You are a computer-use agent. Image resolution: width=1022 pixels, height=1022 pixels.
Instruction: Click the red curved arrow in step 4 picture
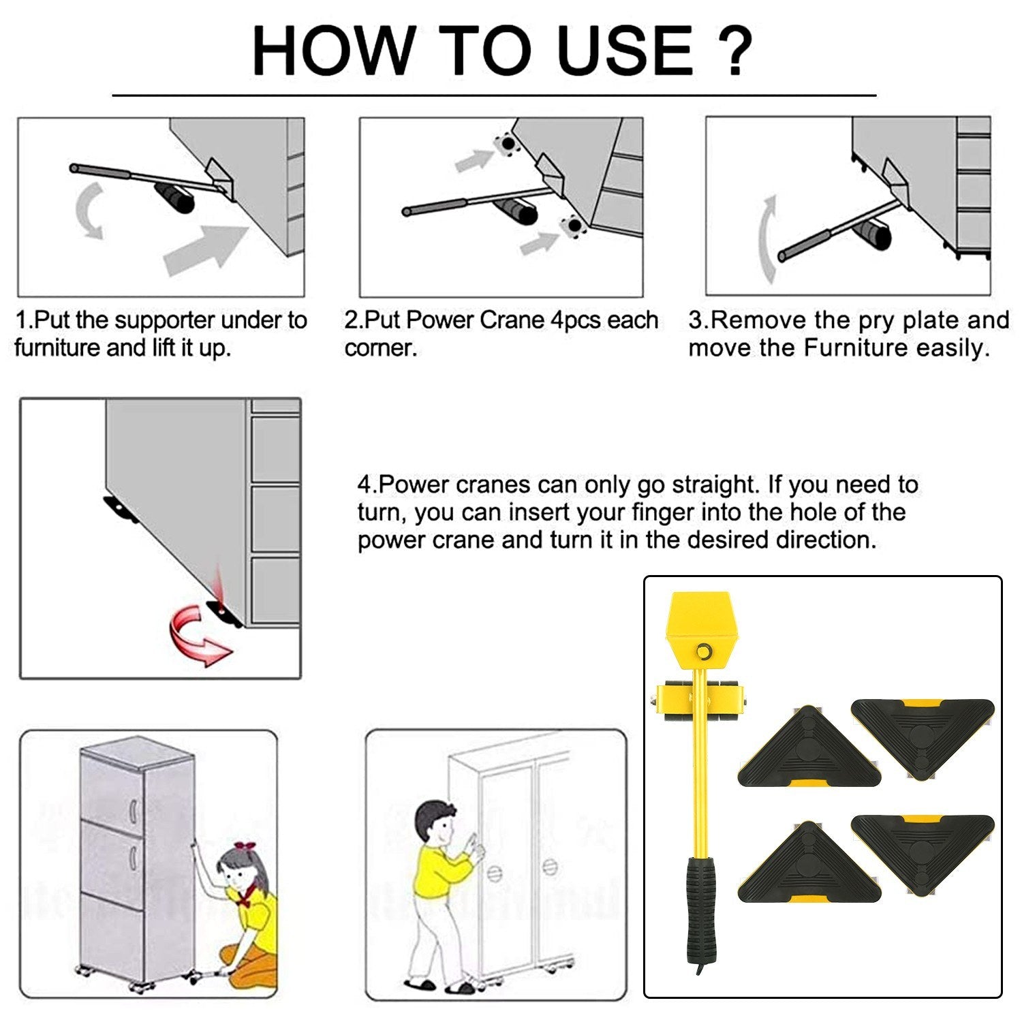coord(199,636)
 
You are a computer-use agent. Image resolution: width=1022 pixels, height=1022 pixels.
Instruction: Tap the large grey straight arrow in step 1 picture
coord(206,249)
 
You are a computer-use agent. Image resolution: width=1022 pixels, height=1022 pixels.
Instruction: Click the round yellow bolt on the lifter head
coord(702,651)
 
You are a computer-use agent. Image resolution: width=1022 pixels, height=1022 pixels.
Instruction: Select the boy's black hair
coord(433,815)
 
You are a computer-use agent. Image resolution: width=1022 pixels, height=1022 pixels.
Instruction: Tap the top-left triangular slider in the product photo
coord(809,747)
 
